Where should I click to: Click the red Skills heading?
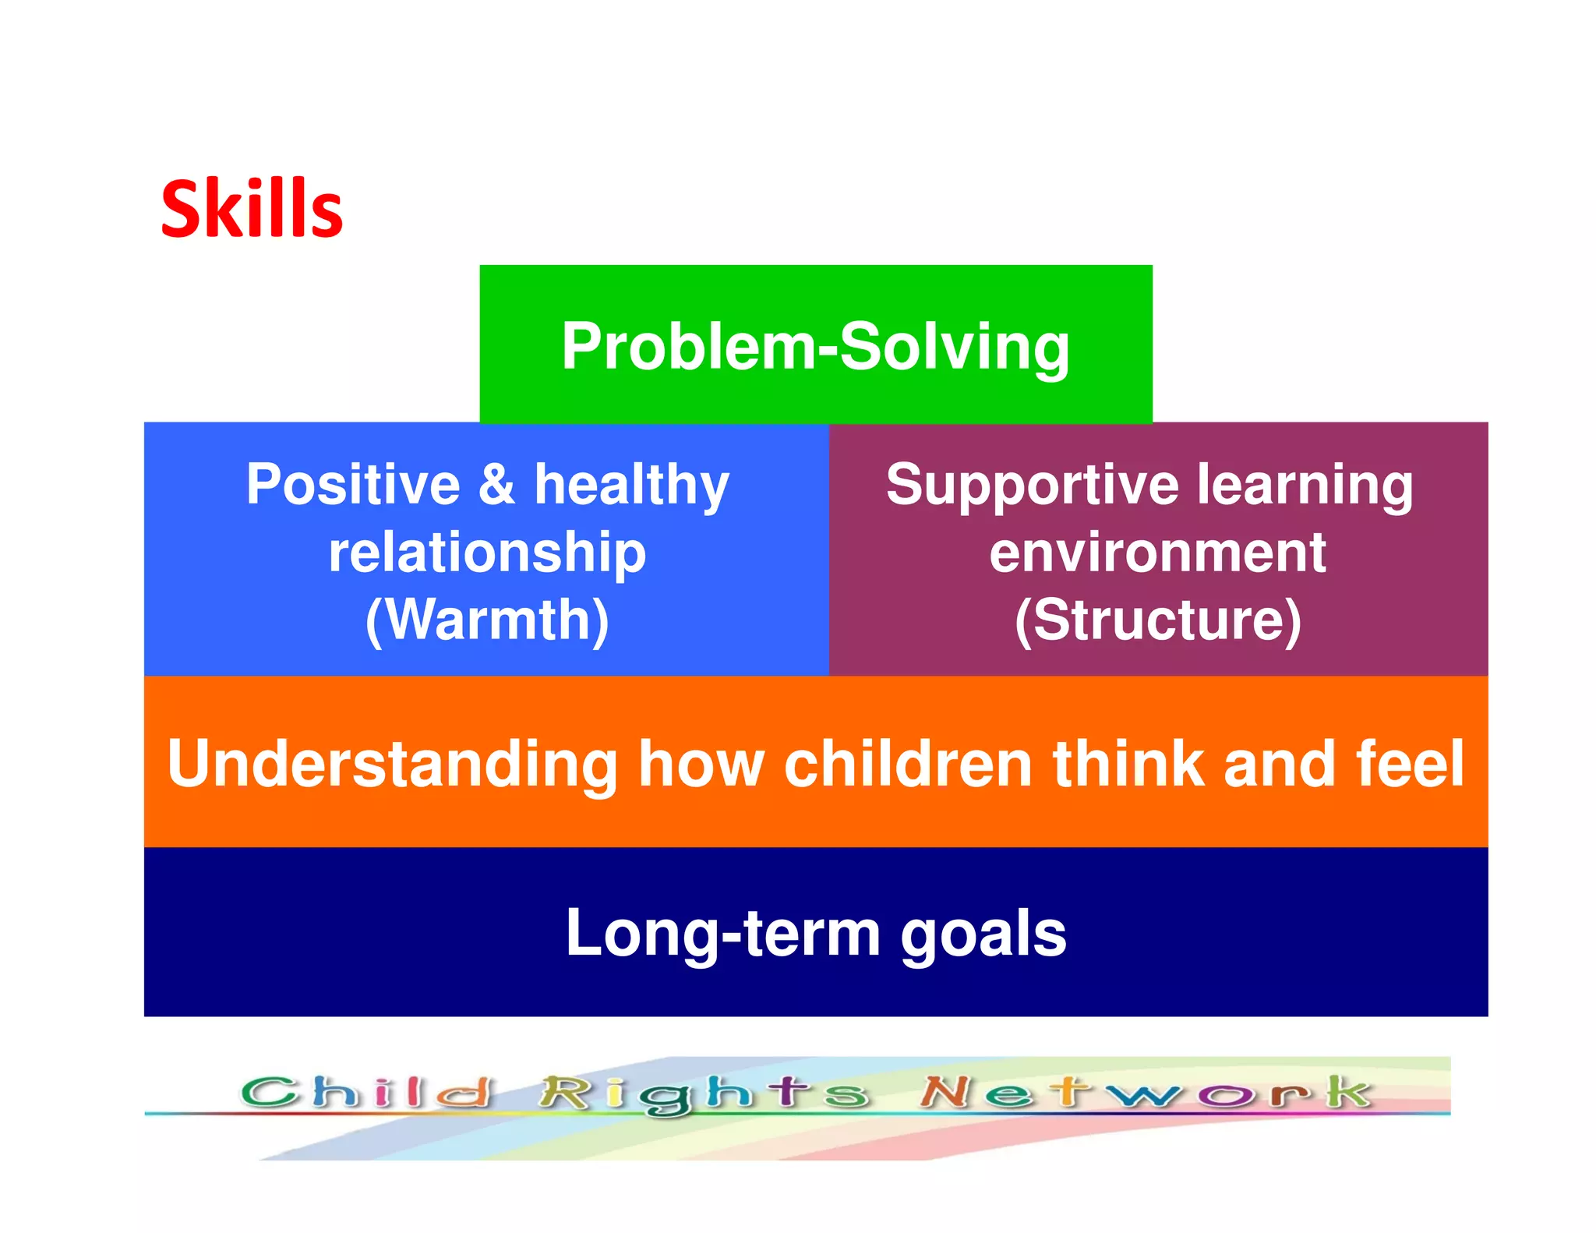coord(251,208)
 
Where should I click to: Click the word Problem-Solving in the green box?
coord(815,346)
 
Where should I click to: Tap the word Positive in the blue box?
coord(353,485)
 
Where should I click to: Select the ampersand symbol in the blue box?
coord(496,485)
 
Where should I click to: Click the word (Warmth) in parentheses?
coord(487,620)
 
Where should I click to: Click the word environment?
coord(1157,553)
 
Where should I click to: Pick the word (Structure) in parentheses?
coord(1157,620)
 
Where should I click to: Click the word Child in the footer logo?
coord(366,1092)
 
